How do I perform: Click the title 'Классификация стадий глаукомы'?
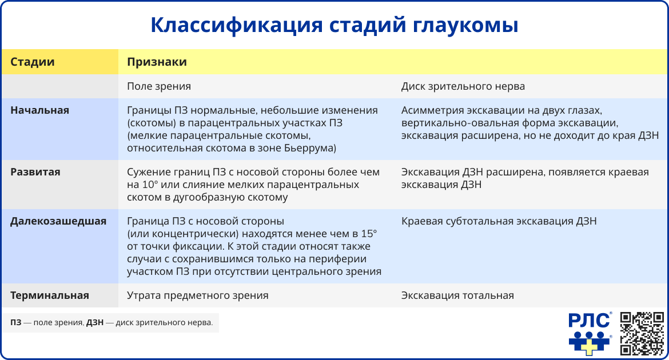[334, 26]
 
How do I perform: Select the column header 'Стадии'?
[33, 62]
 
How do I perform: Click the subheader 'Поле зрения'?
[158, 86]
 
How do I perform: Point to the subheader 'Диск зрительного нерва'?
[463, 86]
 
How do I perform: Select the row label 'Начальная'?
[40, 110]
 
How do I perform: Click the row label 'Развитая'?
[35, 171]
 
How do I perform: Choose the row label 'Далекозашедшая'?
[58, 221]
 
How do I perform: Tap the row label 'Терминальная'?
[50, 295]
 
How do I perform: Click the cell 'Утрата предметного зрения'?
[197, 295]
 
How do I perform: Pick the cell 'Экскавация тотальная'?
[457, 295]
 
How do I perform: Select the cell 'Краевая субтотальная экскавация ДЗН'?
[499, 221]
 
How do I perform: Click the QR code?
[642, 333]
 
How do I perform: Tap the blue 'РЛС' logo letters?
[589, 321]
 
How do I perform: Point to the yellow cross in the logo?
[589, 345]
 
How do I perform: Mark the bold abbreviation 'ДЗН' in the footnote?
[95, 323]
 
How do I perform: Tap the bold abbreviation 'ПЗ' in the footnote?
[15, 323]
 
